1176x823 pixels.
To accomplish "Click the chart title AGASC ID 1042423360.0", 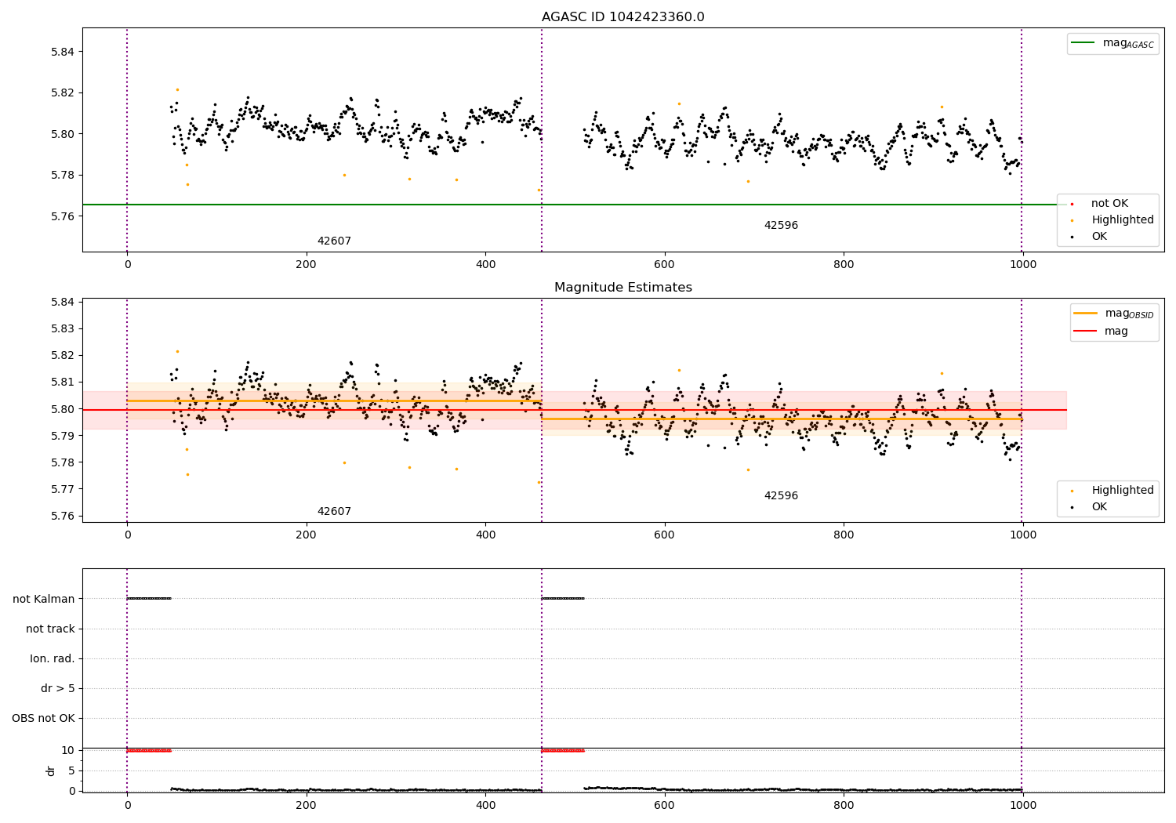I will coord(622,17).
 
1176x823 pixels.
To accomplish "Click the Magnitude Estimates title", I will coord(622,288).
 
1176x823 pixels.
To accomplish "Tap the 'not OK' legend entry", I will coord(1109,204).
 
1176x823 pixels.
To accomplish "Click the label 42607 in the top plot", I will coord(334,241).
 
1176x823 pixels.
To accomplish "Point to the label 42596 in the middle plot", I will coord(781,496).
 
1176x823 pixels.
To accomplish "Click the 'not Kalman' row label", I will coord(44,599).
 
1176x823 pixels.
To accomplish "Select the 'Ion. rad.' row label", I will coord(53,658).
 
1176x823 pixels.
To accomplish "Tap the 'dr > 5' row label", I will coord(58,688).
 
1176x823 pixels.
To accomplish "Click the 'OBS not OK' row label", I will coord(43,718).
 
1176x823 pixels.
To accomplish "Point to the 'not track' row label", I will coord(50,629).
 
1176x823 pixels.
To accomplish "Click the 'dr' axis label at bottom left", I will coord(51,770).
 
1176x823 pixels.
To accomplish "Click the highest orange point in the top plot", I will coord(177,89).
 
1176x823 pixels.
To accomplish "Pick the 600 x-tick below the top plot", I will coord(664,264).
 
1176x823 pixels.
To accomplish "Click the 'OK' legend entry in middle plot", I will coord(1099,507).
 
